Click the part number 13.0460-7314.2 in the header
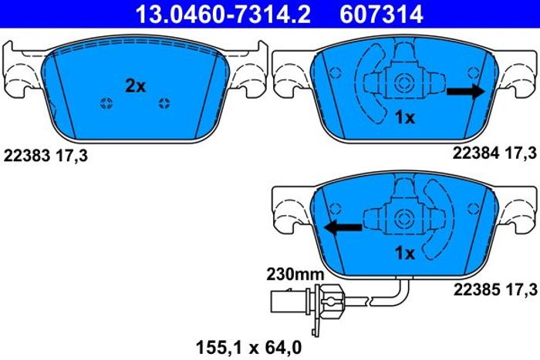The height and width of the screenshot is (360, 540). pyautogui.click(x=223, y=14)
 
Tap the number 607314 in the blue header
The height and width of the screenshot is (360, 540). pyautogui.click(x=381, y=14)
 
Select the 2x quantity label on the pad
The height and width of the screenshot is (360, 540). pyautogui.click(x=135, y=86)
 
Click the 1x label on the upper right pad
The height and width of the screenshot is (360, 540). pyautogui.click(x=405, y=118)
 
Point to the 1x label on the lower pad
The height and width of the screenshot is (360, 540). pyautogui.click(x=405, y=254)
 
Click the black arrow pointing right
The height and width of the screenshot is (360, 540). pyautogui.click(x=466, y=91)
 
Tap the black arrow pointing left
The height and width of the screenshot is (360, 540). pyautogui.click(x=343, y=227)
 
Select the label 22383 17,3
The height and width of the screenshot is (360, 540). pyautogui.click(x=46, y=156)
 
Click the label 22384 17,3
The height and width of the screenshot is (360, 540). pyautogui.click(x=494, y=153)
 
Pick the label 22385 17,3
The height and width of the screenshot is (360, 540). pyautogui.click(x=495, y=289)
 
